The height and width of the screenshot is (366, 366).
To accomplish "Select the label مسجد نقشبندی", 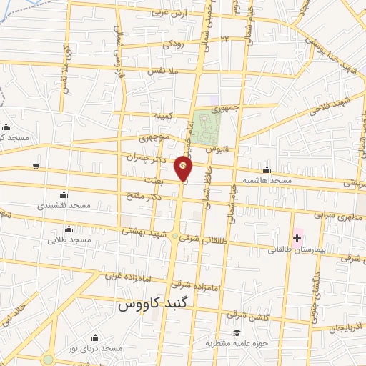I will click(x=64, y=205).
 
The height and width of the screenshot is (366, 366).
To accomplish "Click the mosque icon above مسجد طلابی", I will click(x=69, y=229).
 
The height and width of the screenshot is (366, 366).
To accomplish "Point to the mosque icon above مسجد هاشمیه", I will click(x=267, y=170).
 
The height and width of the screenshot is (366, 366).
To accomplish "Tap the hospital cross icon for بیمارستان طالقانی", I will click(x=297, y=238).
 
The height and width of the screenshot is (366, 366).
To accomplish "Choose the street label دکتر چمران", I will click(x=149, y=157).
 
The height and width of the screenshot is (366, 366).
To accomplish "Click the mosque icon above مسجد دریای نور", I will click(x=95, y=337).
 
